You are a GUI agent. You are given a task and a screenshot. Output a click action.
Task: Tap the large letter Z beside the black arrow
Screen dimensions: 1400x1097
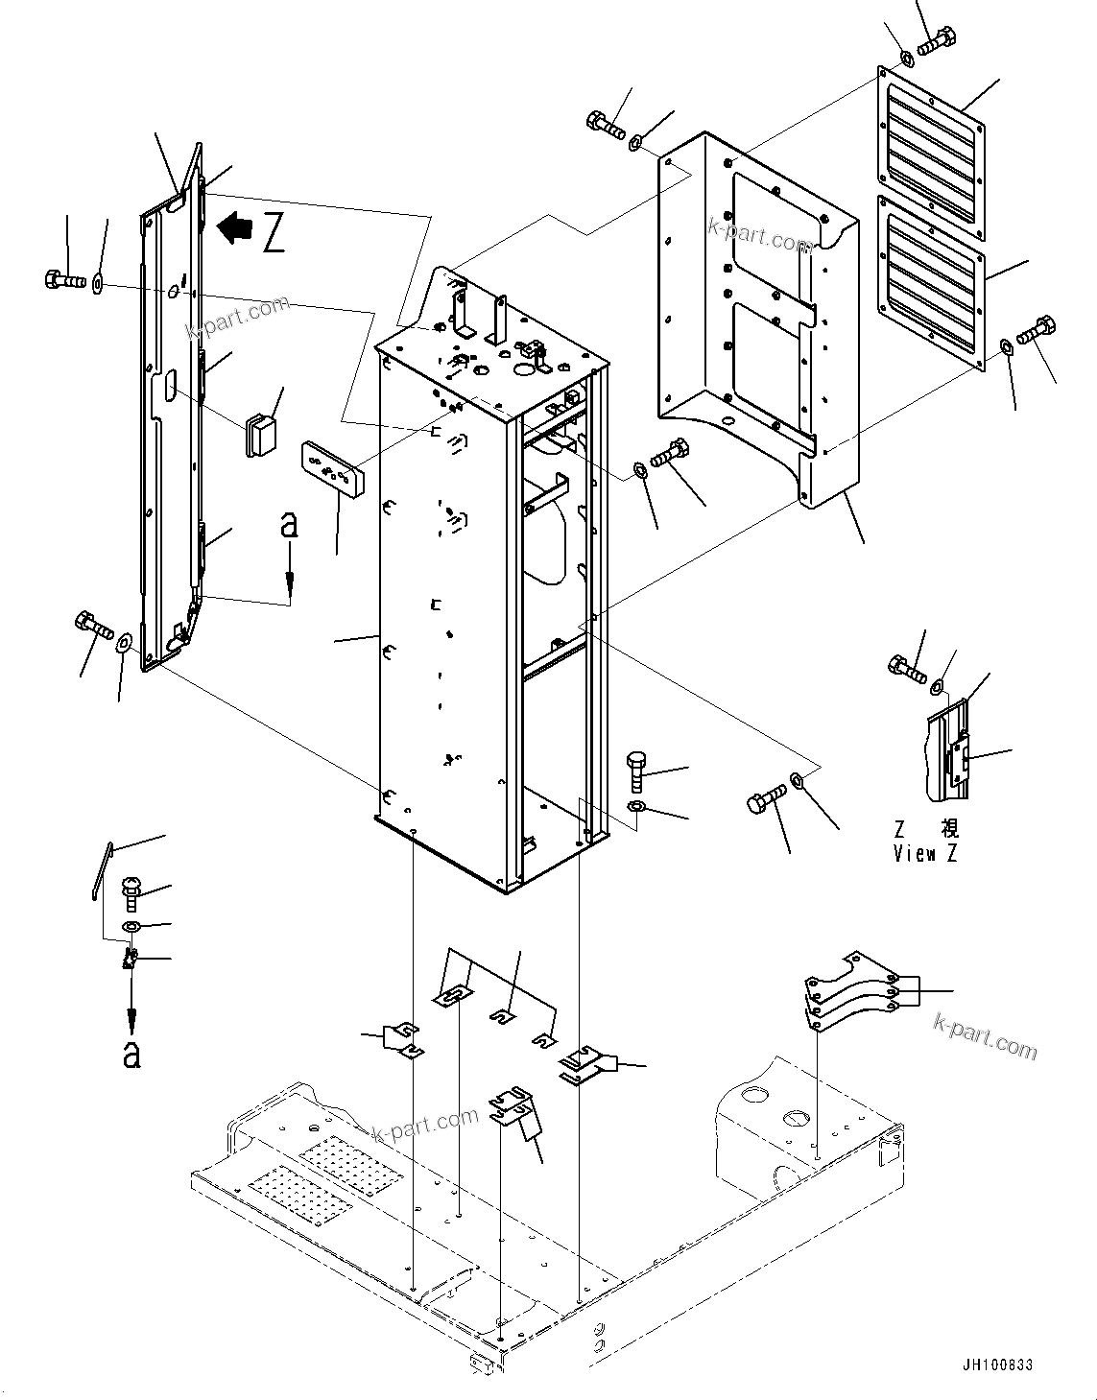point(274,233)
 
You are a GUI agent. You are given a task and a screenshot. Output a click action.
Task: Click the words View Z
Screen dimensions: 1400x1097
point(925,853)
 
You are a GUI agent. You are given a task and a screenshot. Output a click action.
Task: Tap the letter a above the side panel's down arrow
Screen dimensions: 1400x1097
point(289,524)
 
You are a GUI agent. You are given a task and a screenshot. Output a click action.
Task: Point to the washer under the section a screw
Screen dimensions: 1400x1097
point(132,926)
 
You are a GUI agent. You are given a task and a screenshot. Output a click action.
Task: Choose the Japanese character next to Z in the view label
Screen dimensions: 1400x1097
point(949,828)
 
